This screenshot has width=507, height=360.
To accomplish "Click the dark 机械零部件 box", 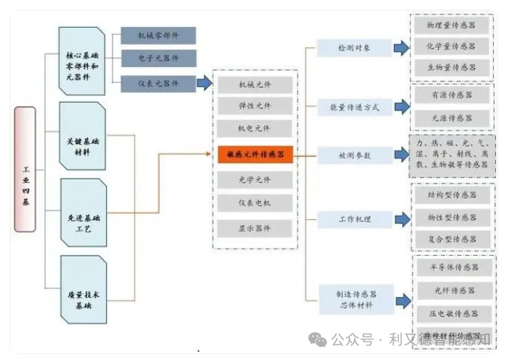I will click(158, 35).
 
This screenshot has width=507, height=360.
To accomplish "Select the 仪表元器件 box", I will click(158, 84).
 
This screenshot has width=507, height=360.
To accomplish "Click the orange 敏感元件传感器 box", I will click(256, 154).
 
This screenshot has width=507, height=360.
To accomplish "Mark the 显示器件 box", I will click(256, 228).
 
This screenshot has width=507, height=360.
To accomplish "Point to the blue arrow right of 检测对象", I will click(401, 48).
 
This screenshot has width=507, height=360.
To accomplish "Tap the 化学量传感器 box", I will click(451, 47).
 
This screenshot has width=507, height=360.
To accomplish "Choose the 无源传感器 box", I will click(451, 118).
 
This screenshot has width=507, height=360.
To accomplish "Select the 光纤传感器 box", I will click(451, 291).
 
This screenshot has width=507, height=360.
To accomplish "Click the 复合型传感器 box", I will click(451, 239).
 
